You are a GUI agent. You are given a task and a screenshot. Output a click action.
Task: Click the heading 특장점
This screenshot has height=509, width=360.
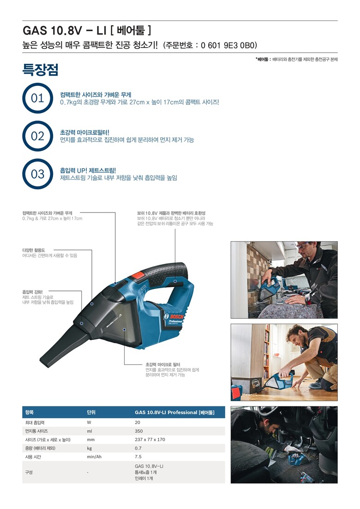(40, 69)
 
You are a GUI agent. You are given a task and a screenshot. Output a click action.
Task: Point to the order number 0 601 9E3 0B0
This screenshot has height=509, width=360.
(228, 45)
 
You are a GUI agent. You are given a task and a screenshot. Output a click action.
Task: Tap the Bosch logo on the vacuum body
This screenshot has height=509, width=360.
(174, 317)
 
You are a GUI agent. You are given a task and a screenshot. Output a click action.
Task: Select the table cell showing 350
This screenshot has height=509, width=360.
(139, 431)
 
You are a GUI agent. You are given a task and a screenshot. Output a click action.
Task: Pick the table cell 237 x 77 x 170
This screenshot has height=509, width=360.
(150, 440)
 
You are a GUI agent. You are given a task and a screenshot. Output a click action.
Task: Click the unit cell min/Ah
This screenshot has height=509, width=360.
(94, 457)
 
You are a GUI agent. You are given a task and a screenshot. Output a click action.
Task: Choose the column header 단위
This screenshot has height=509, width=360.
(91, 412)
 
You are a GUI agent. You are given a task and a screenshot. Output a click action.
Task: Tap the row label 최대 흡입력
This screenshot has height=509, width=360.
(35, 423)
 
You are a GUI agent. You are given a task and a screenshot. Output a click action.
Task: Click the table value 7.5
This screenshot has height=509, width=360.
(138, 457)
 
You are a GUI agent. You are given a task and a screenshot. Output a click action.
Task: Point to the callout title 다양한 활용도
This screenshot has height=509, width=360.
(33, 250)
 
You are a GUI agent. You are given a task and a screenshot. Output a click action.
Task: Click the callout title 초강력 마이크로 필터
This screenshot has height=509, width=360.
(163, 364)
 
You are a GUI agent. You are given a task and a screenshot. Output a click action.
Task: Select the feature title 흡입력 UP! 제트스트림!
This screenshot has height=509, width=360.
(88, 170)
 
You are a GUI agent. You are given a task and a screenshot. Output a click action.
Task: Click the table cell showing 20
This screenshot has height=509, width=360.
(138, 423)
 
